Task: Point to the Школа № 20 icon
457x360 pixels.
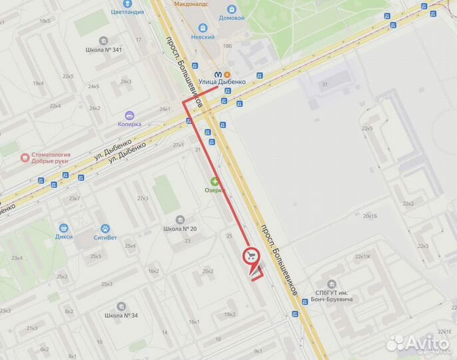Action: (x=179, y=219)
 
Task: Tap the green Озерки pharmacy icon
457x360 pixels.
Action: (x=215, y=181)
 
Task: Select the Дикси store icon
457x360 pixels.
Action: (x=65, y=227)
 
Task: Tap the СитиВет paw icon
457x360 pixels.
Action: (x=105, y=228)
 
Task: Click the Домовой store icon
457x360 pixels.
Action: (x=232, y=9)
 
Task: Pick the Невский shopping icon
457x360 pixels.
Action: (x=203, y=28)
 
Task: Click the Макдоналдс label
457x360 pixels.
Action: (x=192, y=3)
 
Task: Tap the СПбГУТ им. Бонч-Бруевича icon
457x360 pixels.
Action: (x=331, y=285)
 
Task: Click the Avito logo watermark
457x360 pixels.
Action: (x=418, y=343)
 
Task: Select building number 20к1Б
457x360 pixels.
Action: (x=370, y=216)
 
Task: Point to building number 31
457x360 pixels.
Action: (x=324, y=84)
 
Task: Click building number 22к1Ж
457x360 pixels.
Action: (x=362, y=256)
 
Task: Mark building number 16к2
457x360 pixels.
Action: (x=153, y=271)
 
